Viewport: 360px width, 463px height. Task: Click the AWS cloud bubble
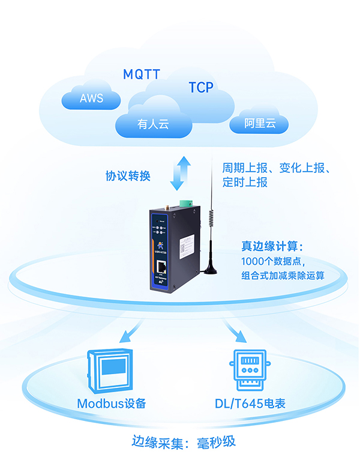point(91,98)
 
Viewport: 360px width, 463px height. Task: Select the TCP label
point(201,88)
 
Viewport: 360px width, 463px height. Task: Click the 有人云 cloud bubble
point(154,124)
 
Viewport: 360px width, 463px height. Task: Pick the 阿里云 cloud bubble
point(259,124)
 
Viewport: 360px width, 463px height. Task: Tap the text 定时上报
point(245,183)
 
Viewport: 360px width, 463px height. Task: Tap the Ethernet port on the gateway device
point(162,266)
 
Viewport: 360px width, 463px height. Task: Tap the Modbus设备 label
point(112,403)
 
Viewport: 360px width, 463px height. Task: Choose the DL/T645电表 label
point(248,403)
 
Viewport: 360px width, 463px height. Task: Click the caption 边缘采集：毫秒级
point(184,442)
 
